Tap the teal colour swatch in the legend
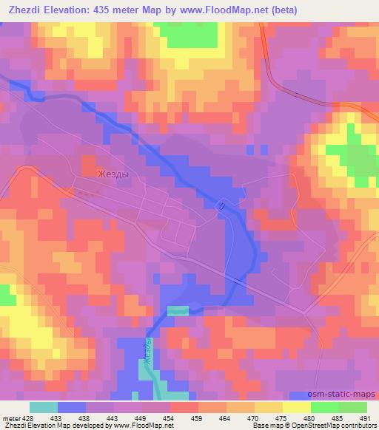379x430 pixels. (44, 407)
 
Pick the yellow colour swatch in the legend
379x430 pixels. (297, 407)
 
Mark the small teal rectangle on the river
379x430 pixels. (178, 311)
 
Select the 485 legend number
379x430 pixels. (338, 417)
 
